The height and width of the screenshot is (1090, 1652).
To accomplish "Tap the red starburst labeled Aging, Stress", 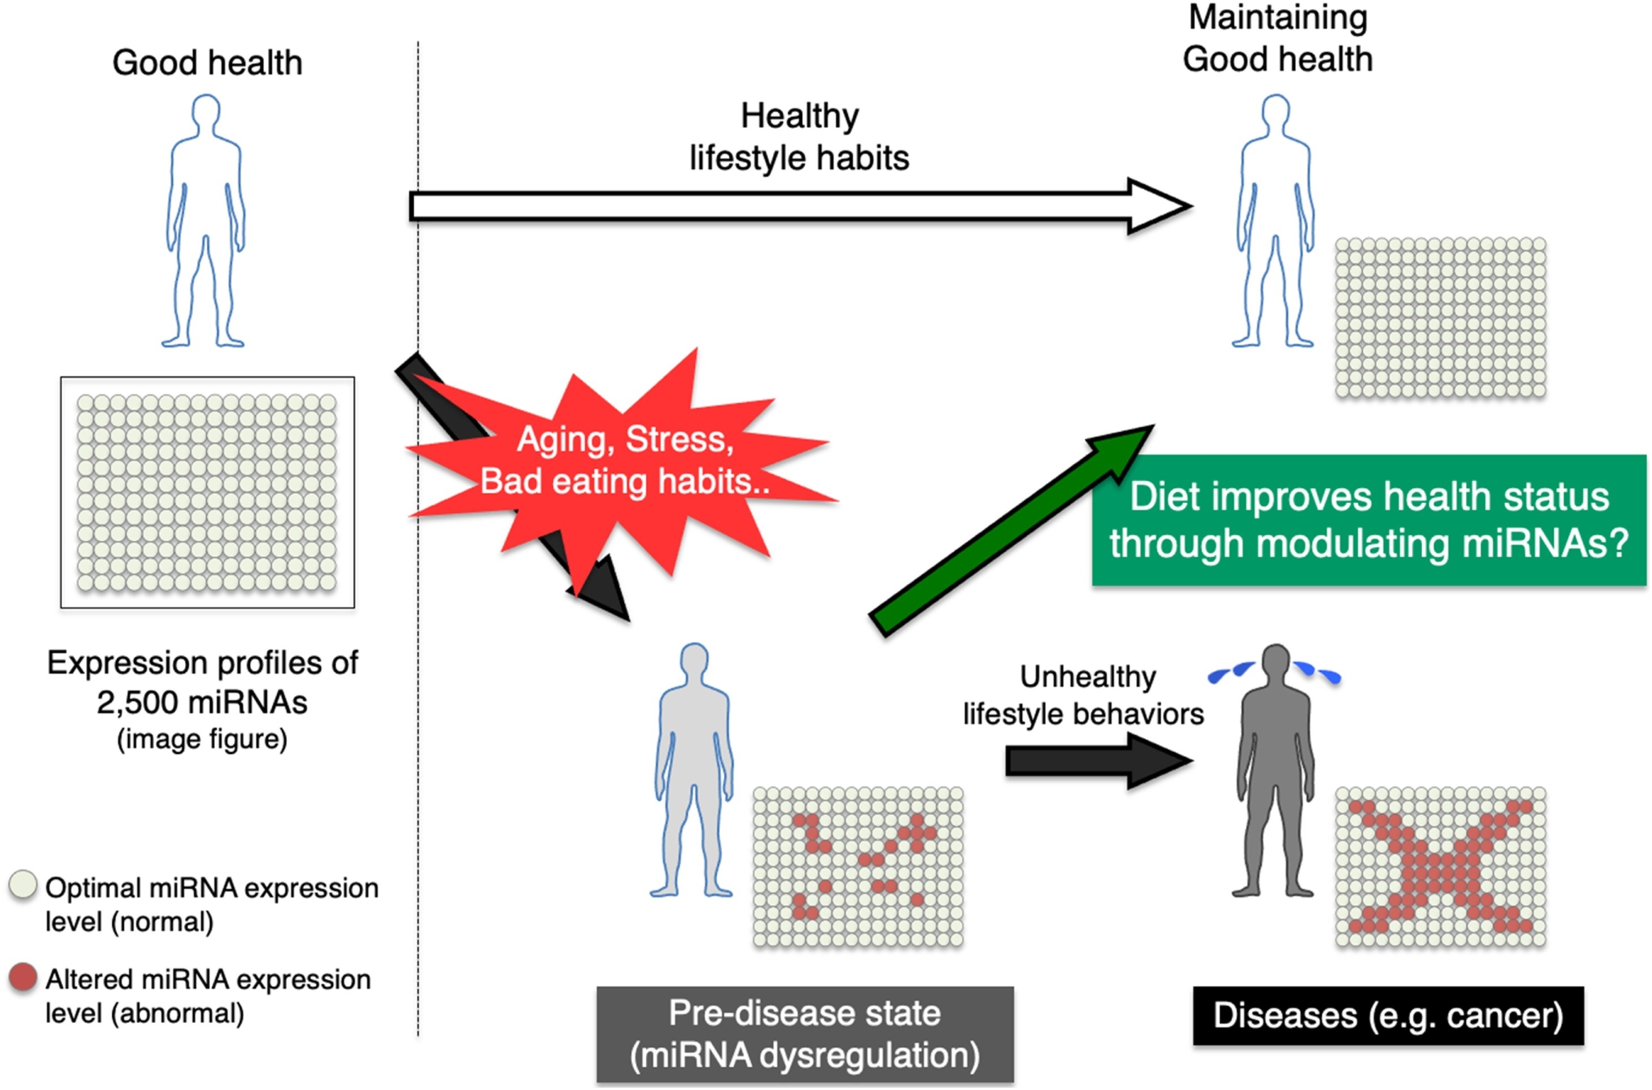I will tap(625, 462).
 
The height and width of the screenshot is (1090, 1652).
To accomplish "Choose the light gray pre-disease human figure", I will tap(694, 772).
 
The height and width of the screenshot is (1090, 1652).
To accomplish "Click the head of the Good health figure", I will tap(206, 111).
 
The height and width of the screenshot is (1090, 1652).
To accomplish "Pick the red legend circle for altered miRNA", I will tap(23, 976).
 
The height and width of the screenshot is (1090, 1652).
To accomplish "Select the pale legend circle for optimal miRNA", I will tap(23, 885).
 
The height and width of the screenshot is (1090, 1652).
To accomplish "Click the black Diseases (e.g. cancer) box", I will tap(1388, 1015).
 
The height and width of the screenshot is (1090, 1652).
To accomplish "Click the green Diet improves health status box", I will tap(1368, 520).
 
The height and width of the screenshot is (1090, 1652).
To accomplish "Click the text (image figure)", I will tap(202, 739).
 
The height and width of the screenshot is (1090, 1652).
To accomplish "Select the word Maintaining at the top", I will tap(1278, 18).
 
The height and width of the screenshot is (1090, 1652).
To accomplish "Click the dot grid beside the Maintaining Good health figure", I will tap(1440, 318).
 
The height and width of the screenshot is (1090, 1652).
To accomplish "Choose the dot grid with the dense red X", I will tap(1440, 866).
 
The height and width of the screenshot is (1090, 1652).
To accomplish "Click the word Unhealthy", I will tap(1087, 677).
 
